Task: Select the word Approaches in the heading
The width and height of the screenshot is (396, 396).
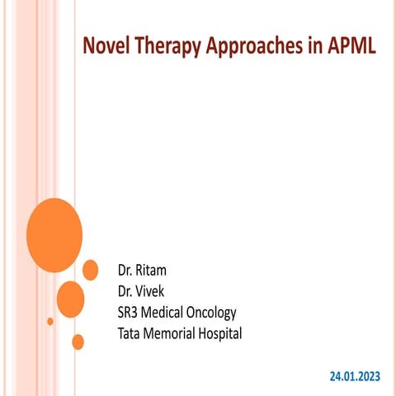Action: point(252,46)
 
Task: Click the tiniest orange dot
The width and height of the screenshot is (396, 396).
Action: point(50,321)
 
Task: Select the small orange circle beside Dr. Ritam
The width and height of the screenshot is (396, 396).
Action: point(91,269)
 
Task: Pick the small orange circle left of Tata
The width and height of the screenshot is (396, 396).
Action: point(78,341)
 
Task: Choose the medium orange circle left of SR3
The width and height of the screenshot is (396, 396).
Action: point(71,299)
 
